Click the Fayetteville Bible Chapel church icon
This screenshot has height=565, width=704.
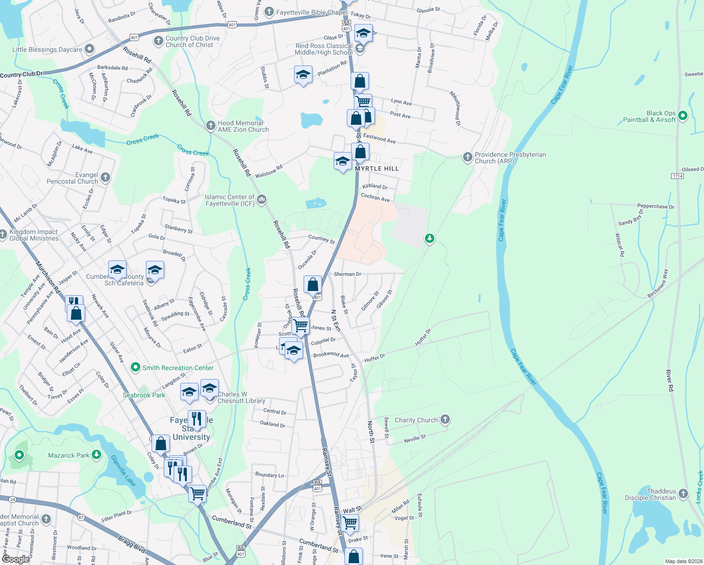(269, 12)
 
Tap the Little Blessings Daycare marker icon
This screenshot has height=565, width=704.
(89, 49)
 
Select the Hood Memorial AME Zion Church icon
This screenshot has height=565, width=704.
(211, 126)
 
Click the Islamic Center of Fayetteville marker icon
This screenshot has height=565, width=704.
(262, 200)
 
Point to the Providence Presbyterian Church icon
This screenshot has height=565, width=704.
(467, 157)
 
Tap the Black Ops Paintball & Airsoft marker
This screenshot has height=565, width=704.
(683, 115)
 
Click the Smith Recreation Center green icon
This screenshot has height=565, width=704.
(136, 367)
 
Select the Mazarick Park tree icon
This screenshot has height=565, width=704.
(96, 454)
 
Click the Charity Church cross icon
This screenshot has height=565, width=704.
(445, 419)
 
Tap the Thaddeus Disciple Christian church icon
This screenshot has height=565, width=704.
(683, 494)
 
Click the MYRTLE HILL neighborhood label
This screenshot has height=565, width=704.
(376, 169)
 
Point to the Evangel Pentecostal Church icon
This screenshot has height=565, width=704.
(105, 177)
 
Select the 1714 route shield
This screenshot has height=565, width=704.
(677, 176)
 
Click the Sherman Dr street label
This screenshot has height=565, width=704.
(347, 274)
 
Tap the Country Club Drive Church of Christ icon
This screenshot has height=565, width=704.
(159, 41)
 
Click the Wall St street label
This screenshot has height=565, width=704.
(352, 510)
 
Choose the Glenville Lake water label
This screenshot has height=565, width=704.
(123, 471)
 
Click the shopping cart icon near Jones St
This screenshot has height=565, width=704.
(300, 325)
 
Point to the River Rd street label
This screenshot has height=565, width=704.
(670, 381)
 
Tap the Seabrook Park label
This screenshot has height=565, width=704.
(144, 395)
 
